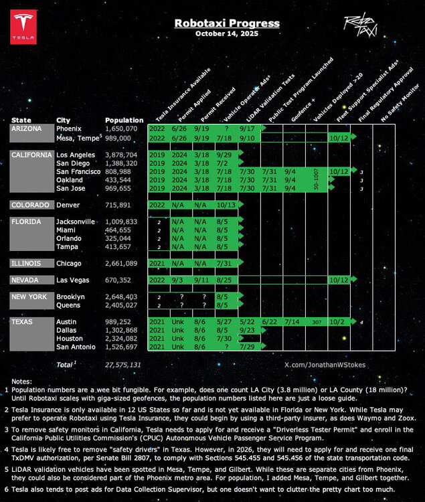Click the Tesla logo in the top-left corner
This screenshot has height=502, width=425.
pyautogui.click(x=23, y=27)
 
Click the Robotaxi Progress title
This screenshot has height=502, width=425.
pyautogui.click(x=227, y=23)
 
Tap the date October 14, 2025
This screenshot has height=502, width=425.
pyautogui.click(x=226, y=33)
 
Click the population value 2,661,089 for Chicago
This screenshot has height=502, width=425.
pyautogui.click(x=121, y=264)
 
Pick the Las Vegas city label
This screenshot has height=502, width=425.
pyautogui.click(x=71, y=280)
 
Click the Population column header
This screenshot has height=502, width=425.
pyautogui.click(x=124, y=120)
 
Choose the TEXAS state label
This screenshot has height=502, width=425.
pyautogui.click(x=23, y=322)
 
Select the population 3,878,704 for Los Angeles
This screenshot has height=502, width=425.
pyautogui.click(x=121, y=155)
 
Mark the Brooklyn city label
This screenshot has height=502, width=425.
pyautogui.click(x=70, y=297)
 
